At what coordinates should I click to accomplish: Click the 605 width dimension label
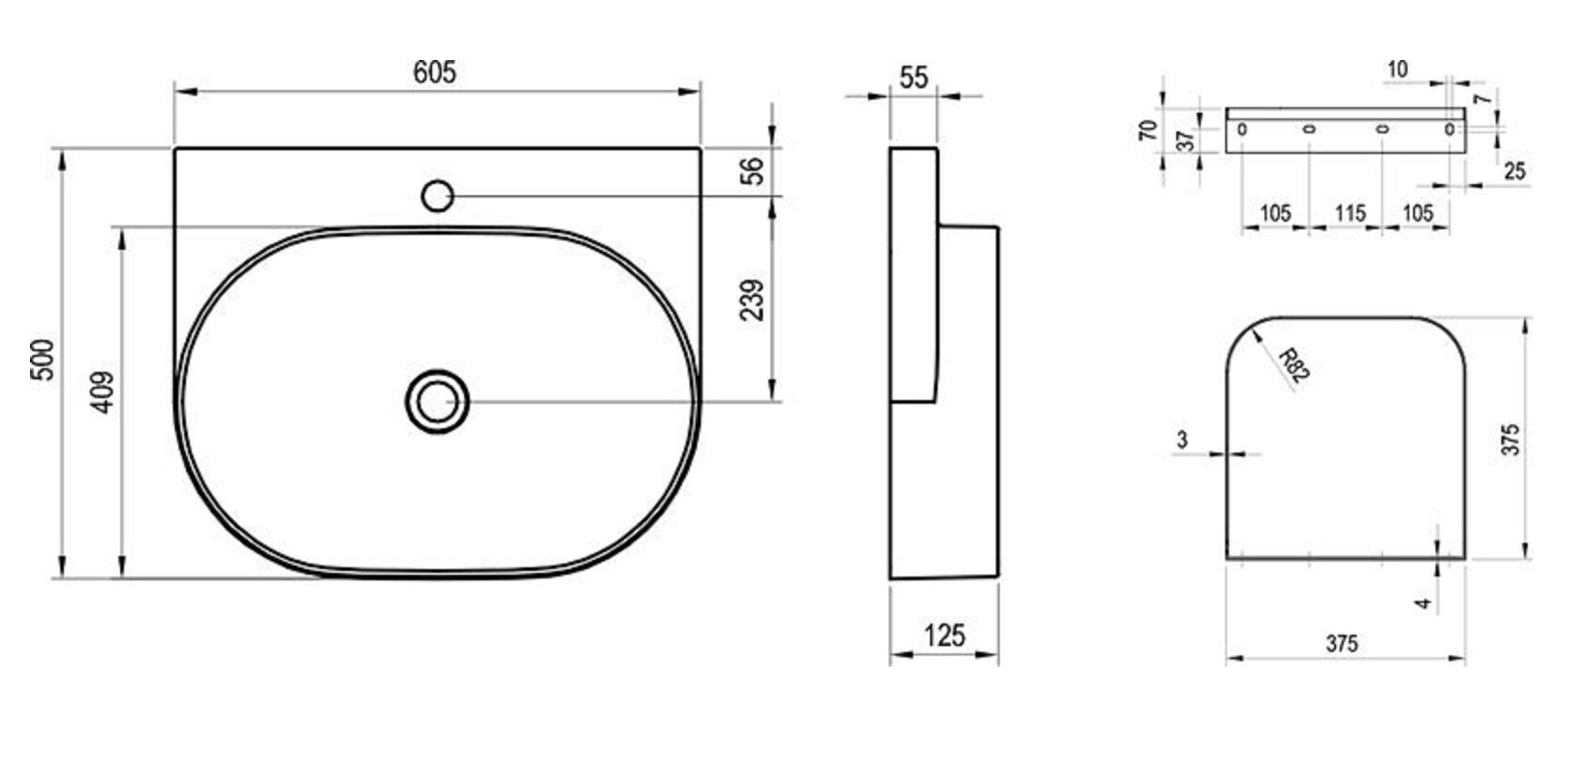click(x=434, y=72)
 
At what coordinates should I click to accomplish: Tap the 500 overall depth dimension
click(x=43, y=360)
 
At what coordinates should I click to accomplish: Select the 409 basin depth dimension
click(x=103, y=393)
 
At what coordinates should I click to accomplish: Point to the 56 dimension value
click(x=753, y=171)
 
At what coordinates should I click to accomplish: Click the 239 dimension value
click(x=753, y=300)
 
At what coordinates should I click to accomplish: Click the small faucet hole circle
click(x=437, y=196)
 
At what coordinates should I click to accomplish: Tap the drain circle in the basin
click(x=437, y=402)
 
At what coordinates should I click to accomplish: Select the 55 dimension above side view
click(x=913, y=77)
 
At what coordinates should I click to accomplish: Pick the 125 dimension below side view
click(x=944, y=635)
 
